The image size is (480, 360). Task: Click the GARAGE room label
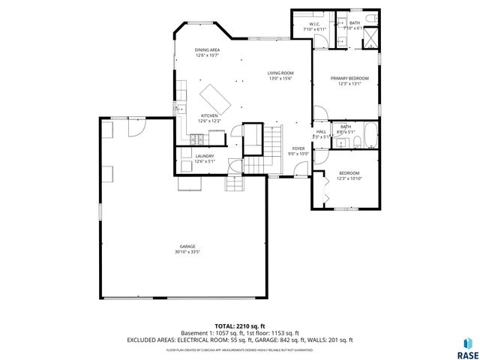[187, 246]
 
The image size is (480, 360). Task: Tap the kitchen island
[215, 96]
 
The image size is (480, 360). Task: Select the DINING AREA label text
[206, 49]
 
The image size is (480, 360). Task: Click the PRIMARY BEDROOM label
[349, 78]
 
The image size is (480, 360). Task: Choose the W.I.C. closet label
[312, 24]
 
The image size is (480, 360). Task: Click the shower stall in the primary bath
[370, 42]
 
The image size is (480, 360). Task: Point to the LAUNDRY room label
[205, 157]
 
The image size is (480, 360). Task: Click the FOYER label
[298, 148]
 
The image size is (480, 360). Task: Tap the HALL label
[320, 132]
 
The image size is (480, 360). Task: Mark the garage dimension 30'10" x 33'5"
[187, 251]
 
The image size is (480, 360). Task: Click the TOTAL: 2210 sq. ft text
[239, 326]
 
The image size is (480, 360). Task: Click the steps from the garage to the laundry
[235, 182]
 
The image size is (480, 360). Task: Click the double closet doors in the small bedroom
[319, 188]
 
